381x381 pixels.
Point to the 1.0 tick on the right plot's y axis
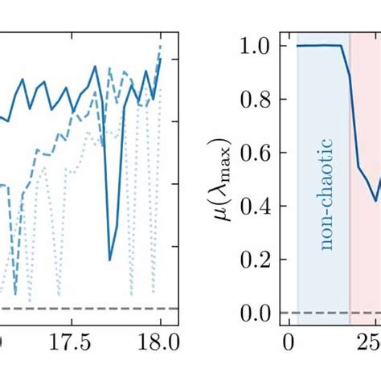click(x=259, y=46)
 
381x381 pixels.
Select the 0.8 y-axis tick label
click(x=259, y=100)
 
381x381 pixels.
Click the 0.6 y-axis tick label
click(x=259, y=153)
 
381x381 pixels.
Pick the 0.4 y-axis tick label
click(x=259, y=206)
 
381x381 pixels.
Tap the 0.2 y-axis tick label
click(x=259, y=259)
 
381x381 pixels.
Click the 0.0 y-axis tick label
click(x=259, y=312)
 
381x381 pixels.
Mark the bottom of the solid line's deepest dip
click(x=110, y=260)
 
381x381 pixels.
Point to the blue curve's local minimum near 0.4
click(x=374, y=201)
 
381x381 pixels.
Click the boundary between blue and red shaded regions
click(x=350, y=177)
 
